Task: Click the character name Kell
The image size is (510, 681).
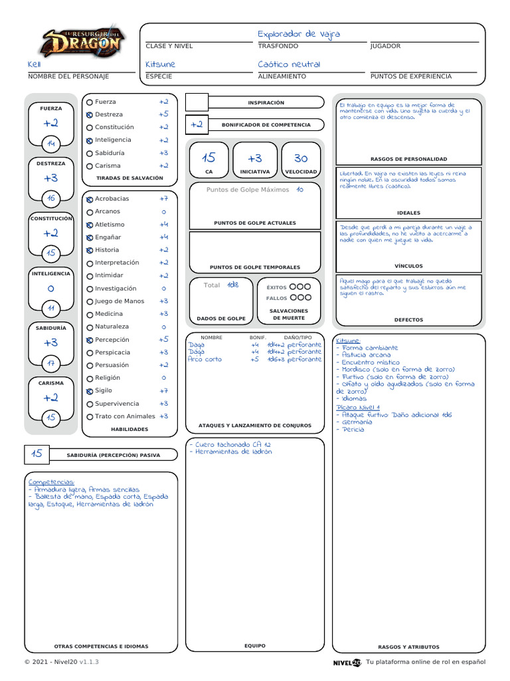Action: pos(34,65)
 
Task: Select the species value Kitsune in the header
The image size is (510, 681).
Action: pos(161,65)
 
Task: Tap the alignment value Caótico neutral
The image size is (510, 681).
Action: pos(289,65)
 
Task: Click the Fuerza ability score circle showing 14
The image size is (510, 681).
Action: pos(51,144)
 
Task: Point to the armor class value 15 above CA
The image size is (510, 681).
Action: pos(209,158)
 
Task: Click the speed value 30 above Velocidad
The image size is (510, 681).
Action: pos(301,158)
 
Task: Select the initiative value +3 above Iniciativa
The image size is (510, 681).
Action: pos(255,158)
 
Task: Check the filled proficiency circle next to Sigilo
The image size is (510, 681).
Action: pos(90,391)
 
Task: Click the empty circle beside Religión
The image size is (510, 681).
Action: pos(90,378)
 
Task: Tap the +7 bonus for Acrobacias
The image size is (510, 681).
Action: pos(163,199)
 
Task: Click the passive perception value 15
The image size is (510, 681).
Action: pos(37,454)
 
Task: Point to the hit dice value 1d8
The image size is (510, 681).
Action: pos(232,285)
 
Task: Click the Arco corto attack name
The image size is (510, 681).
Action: pos(205,359)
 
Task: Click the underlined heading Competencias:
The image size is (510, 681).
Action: pos(51,481)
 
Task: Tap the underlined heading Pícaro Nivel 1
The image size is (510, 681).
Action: pos(358,407)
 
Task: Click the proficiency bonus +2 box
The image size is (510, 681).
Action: pos(197,124)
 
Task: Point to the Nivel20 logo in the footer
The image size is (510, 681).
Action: pos(347,662)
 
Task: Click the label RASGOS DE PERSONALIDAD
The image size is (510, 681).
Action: pos(408,160)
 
